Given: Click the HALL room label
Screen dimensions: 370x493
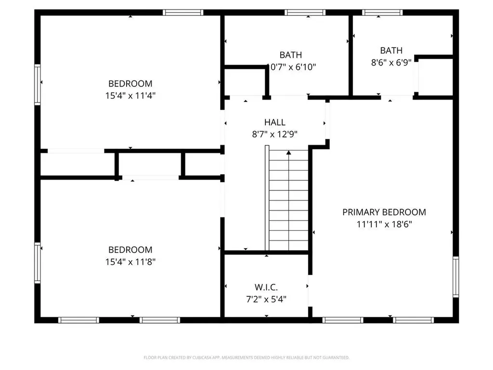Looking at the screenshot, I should click(274, 123).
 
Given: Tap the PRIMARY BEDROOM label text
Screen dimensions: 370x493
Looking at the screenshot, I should click(384, 212).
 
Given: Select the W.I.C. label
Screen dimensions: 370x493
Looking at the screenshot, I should click(266, 288).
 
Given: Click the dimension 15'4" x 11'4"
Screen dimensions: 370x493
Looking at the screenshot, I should click(130, 95).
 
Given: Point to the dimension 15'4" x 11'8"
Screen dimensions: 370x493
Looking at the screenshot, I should click(130, 262).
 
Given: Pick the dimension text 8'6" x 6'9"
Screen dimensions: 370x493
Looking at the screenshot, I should click(391, 62).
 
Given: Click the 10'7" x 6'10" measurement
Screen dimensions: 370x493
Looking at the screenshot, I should click(291, 67).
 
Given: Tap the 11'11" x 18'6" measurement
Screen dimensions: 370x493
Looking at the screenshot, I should click(384, 224).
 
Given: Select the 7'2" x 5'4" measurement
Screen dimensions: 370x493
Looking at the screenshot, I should click(266, 299).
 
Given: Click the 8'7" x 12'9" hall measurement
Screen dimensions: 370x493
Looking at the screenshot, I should click(274, 134).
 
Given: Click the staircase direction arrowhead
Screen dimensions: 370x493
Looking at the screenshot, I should click(289, 153).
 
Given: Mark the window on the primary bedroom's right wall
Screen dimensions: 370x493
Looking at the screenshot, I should click(455, 277).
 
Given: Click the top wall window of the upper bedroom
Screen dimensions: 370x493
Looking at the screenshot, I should click(183, 13).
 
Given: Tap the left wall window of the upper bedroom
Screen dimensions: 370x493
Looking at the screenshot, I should click(37, 84).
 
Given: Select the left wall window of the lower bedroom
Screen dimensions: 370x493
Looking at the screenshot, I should click(37, 262).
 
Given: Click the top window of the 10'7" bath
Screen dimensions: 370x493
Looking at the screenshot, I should click(305, 13).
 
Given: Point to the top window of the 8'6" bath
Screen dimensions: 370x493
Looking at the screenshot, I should click(382, 13).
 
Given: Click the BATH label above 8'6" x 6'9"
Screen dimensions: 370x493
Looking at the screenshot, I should click(391, 51).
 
